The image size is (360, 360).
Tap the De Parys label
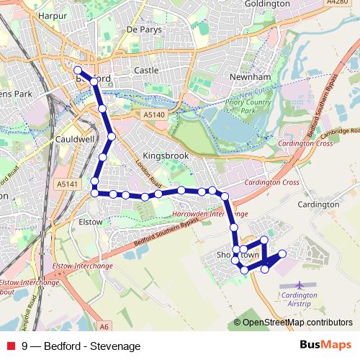pos(144,30)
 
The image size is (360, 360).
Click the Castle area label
pos(146,71)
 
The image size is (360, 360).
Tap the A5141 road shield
pos(66,185)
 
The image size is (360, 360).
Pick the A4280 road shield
pos(336,4)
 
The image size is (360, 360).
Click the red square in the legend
pos(11,346)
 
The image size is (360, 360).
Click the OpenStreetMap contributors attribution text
pos(297,323)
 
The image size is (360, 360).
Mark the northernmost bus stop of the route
pos(78,71)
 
